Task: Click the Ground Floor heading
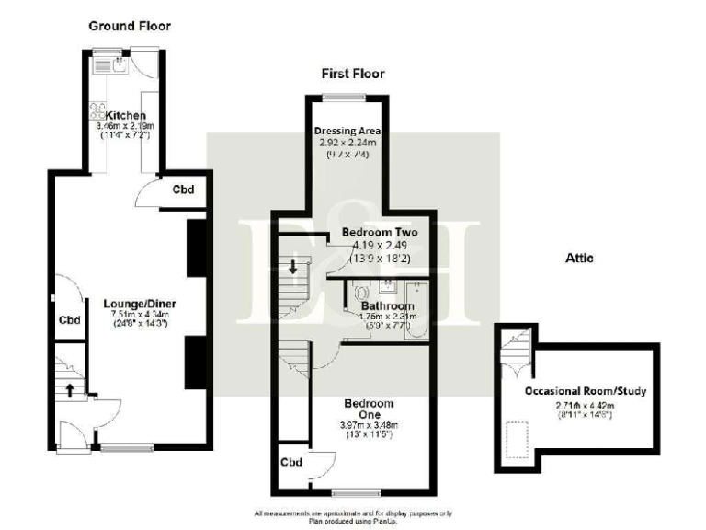[x=129, y=26]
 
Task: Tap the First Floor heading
[x=352, y=74]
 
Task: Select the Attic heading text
[x=579, y=259]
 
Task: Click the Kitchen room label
[x=127, y=115]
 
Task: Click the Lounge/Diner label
[x=140, y=304]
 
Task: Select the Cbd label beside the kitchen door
[x=184, y=190]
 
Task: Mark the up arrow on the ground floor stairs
[x=69, y=387]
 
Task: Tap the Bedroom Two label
[x=379, y=233]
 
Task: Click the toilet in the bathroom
[x=359, y=292]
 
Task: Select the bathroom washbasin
[x=388, y=284]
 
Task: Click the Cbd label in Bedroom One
[x=291, y=461]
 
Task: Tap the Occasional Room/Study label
[x=585, y=391]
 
